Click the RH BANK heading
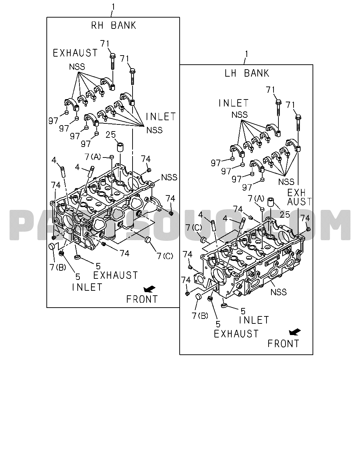coord(114,25)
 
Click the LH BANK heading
coord(247,73)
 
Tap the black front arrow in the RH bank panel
coord(149,289)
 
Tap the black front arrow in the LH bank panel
coord(295,332)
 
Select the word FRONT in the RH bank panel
coord(142,299)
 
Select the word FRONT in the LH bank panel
coord(283,343)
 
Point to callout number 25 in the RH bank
coord(111,135)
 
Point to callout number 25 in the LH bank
coord(285,214)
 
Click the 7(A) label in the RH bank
coord(93,157)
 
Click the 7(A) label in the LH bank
coord(256,198)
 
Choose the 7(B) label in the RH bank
coord(58,267)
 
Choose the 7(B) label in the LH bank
coord(200,316)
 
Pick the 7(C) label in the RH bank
coord(165,256)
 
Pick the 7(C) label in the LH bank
coord(194,227)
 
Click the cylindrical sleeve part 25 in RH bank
coord(120,147)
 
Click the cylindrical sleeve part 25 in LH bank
coord(271,202)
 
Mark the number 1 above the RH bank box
coord(113,7)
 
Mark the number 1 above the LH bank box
coord(246,54)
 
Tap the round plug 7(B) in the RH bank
coord(52,246)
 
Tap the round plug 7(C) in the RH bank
coord(148,240)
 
